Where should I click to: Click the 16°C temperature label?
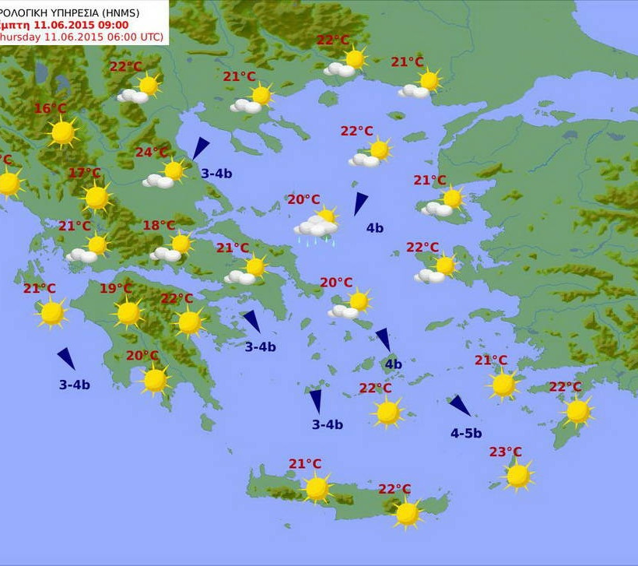(x=50, y=109)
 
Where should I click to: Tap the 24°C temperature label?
(x=152, y=153)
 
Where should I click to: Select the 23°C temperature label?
(x=506, y=452)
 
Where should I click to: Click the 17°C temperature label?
(x=84, y=173)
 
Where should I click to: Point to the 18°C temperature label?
(x=159, y=226)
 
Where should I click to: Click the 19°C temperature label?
(x=115, y=289)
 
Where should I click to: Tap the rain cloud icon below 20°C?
(x=317, y=227)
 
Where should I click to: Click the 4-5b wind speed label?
(x=466, y=434)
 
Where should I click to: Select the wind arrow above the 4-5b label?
(x=460, y=406)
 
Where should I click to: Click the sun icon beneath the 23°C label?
(x=518, y=475)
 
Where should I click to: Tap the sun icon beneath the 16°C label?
(x=62, y=133)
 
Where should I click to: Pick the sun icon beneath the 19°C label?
(x=128, y=313)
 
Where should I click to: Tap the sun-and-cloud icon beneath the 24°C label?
(x=166, y=174)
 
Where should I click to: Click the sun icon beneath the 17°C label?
(x=96, y=198)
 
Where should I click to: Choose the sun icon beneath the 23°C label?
(x=518, y=475)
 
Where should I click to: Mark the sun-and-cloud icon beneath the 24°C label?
(x=166, y=174)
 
